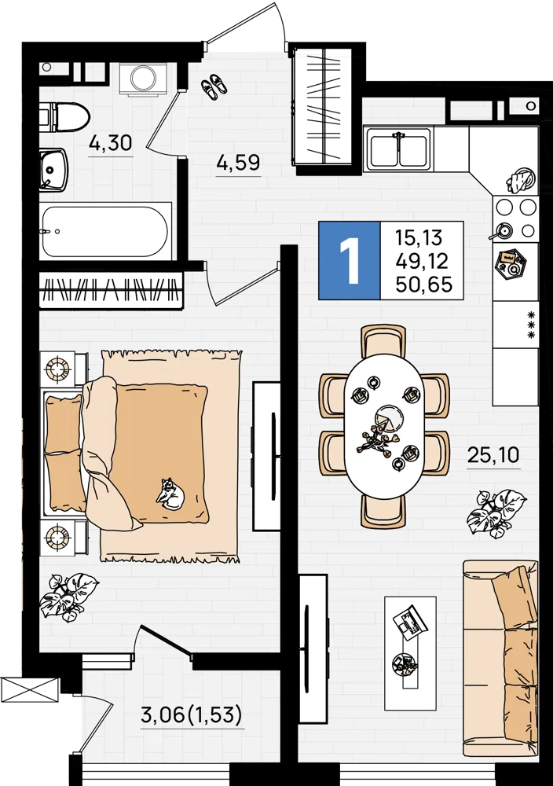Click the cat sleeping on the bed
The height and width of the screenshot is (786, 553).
(x=170, y=494)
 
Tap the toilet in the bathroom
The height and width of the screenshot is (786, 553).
(x=64, y=117)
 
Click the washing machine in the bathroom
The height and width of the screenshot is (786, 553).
(x=145, y=79)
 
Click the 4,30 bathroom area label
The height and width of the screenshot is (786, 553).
(x=110, y=143)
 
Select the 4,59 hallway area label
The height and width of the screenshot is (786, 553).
(x=239, y=163)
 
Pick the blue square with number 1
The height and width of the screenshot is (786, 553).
(x=350, y=260)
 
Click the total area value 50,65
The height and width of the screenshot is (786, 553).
(x=423, y=285)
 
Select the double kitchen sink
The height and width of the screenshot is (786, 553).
(x=399, y=148)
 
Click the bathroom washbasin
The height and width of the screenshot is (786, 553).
(x=53, y=170)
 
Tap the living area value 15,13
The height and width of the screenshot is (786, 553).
(x=419, y=237)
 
